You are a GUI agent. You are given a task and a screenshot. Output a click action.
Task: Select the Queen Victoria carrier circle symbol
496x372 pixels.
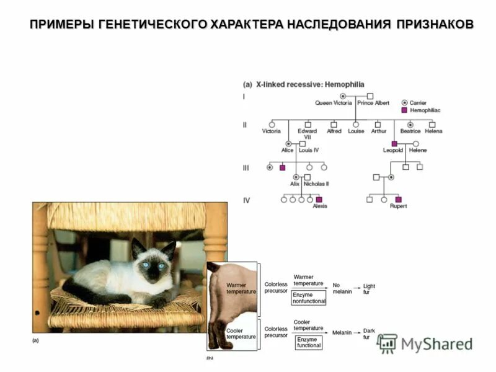(x=342, y=96)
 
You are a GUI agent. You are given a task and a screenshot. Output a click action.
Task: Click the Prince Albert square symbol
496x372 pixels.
(x=370, y=96)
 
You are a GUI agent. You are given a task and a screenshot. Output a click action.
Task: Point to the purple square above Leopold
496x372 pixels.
(x=394, y=143)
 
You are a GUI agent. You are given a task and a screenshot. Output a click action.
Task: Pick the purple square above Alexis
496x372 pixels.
(x=319, y=200)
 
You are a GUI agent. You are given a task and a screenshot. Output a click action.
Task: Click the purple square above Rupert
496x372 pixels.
(x=398, y=200)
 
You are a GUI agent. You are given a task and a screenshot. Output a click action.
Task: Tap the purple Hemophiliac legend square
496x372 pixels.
(x=404, y=110)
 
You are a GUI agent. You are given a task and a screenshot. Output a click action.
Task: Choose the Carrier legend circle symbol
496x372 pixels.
(x=404, y=102)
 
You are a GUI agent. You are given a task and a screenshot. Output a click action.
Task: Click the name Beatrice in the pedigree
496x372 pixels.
(x=410, y=131)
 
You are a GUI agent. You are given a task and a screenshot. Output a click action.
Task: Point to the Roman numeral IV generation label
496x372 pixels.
(x=246, y=200)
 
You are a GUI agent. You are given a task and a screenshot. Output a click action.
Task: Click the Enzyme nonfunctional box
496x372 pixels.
(x=308, y=298)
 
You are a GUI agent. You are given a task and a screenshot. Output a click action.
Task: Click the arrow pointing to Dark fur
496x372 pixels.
(x=357, y=333)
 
